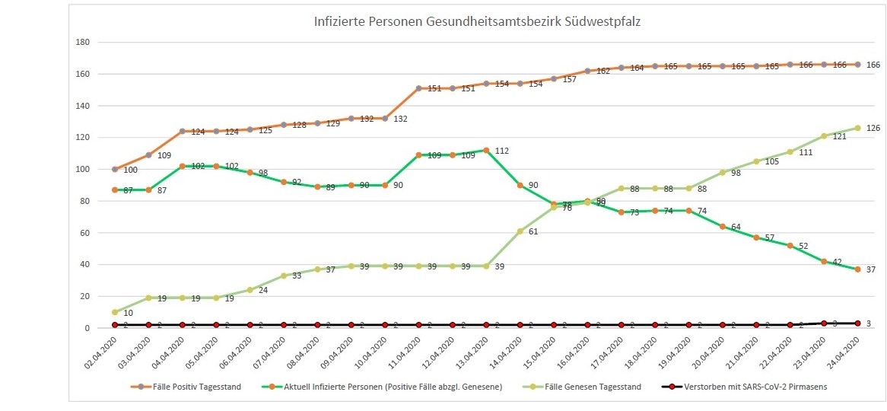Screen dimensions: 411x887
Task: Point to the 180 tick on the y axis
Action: (x=83, y=43)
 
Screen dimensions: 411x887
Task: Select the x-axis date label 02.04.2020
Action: (x=100, y=356)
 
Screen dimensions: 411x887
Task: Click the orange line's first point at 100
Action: (x=115, y=169)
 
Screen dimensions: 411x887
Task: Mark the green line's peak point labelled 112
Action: (x=486, y=150)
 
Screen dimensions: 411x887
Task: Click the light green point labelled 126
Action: (x=857, y=128)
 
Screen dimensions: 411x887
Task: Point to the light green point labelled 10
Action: (x=115, y=312)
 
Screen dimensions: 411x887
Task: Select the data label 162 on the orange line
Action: (x=603, y=71)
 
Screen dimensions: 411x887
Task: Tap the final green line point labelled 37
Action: (x=857, y=269)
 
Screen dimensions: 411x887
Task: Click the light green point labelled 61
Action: (x=520, y=231)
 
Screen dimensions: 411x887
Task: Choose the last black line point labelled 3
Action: (x=857, y=323)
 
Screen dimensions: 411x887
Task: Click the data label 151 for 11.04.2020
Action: (x=434, y=88)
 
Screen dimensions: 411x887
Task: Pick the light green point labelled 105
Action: (x=756, y=161)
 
